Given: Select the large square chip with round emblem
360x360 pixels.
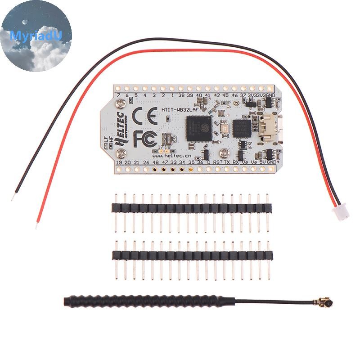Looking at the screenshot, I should click(x=198, y=128).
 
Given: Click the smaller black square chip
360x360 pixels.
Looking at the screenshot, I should click(x=242, y=128).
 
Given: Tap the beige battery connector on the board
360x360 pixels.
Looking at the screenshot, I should click(x=270, y=123).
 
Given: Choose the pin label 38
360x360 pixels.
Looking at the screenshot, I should click(x=180, y=95).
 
